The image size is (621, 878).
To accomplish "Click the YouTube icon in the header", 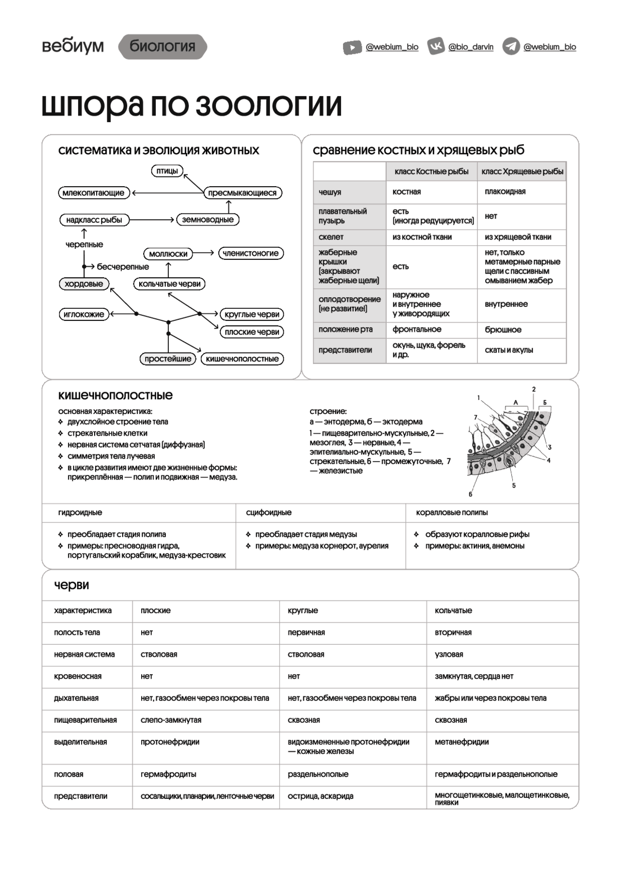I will [352, 47].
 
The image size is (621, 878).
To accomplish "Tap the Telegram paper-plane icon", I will [510, 47].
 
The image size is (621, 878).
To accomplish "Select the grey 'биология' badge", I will [163, 47].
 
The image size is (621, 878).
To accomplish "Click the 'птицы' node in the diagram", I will [167, 171].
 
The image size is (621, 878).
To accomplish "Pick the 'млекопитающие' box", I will [94, 193].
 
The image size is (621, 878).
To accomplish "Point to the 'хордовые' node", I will [84, 284].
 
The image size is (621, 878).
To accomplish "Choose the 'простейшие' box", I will [168, 359].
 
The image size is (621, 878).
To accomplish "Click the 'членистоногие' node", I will [251, 253].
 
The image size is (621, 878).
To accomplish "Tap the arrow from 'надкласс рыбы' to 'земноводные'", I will [151, 220].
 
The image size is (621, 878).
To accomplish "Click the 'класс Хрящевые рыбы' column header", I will [522, 172].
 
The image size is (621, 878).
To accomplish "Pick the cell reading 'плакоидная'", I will [505, 192].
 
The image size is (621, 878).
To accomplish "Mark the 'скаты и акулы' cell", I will [508, 350].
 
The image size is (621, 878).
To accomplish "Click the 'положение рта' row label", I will [345, 330].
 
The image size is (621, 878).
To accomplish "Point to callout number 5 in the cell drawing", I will [514, 485].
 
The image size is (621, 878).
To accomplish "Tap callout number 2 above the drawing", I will [534, 389].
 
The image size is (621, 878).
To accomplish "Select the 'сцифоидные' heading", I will [269, 512].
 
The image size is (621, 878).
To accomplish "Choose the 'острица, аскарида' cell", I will [321, 796].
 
